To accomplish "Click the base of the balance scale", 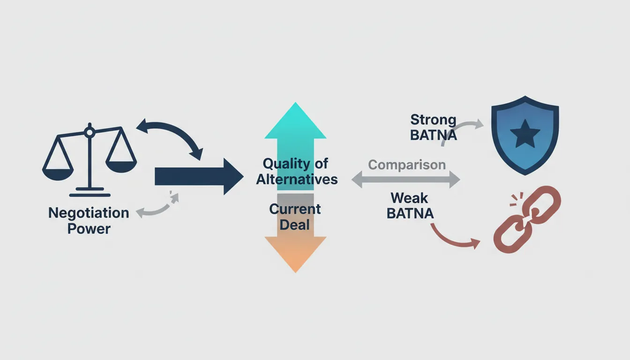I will pyautogui.click(x=90, y=194).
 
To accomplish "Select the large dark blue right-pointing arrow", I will pyautogui.click(x=197, y=176).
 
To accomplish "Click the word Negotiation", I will pyautogui.click(x=89, y=213).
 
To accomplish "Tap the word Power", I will pyautogui.click(x=89, y=229).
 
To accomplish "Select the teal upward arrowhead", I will pyautogui.click(x=295, y=122).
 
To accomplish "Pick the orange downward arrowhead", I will pyautogui.click(x=295, y=253).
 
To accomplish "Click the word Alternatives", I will pyautogui.click(x=297, y=180).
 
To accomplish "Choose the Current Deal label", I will pyautogui.click(x=295, y=217).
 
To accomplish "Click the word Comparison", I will pyautogui.click(x=406, y=165).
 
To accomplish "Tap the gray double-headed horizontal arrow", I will pyautogui.click(x=406, y=180).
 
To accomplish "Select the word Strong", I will pyautogui.click(x=433, y=120).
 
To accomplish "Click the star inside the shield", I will pyautogui.click(x=525, y=135).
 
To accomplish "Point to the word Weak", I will pyautogui.click(x=409, y=198).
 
